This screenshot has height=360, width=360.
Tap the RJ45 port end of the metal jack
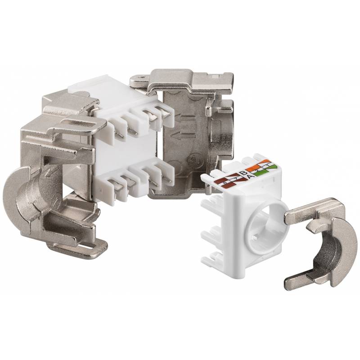click(225, 130)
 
